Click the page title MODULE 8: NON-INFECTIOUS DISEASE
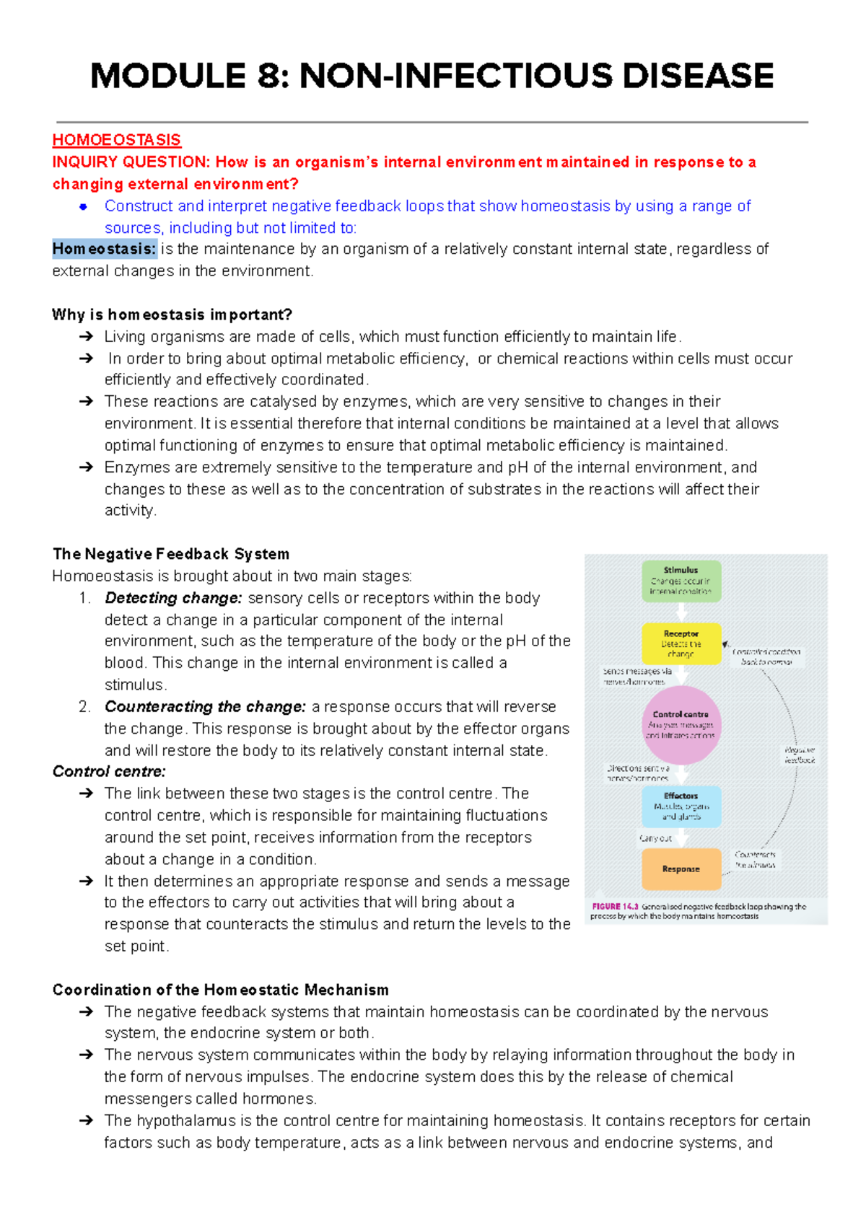(x=432, y=76)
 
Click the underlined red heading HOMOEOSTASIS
(x=116, y=140)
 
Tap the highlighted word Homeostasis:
(x=104, y=250)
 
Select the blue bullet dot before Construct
(x=84, y=207)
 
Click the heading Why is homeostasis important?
(x=172, y=315)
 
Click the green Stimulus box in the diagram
(x=681, y=581)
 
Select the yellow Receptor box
(x=681, y=643)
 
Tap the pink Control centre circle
(x=681, y=725)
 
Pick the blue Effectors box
(x=681, y=806)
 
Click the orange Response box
(x=681, y=869)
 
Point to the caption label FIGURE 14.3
(x=615, y=907)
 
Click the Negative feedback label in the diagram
(x=800, y=755)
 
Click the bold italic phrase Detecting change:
(x=173, y=598)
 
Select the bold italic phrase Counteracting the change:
(x=205, y=707)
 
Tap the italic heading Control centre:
(x=109, y=772)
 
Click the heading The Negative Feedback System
(x=171, y=554)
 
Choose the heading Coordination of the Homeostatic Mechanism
(x=220, y=990)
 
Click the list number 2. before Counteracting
(x=84, y=707)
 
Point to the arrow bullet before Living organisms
(x=86, y=337)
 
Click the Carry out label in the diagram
(x=655, y=838)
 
